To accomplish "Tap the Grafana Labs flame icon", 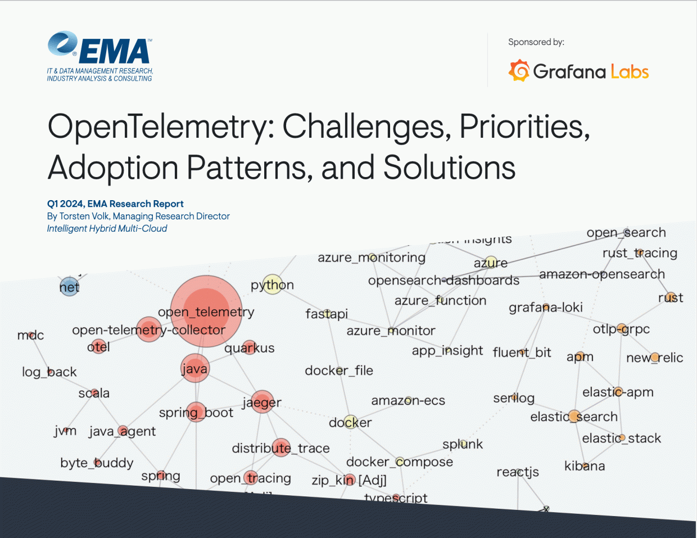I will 519,71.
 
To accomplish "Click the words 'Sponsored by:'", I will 536,42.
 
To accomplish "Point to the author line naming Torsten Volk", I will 138,216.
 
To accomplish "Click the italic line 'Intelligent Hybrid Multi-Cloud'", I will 107,228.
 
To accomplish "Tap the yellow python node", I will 273,285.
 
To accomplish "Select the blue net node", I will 69,287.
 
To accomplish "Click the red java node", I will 194,369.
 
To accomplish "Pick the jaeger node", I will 262,402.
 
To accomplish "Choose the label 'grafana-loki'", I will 545,308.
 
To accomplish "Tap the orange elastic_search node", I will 574,417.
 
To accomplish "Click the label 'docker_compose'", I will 399,462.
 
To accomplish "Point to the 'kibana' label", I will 585,466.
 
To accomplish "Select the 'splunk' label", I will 462,444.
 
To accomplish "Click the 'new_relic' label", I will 654,358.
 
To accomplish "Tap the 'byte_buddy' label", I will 97,463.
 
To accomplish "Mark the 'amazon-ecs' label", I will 408,401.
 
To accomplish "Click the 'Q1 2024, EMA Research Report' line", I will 115,204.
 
